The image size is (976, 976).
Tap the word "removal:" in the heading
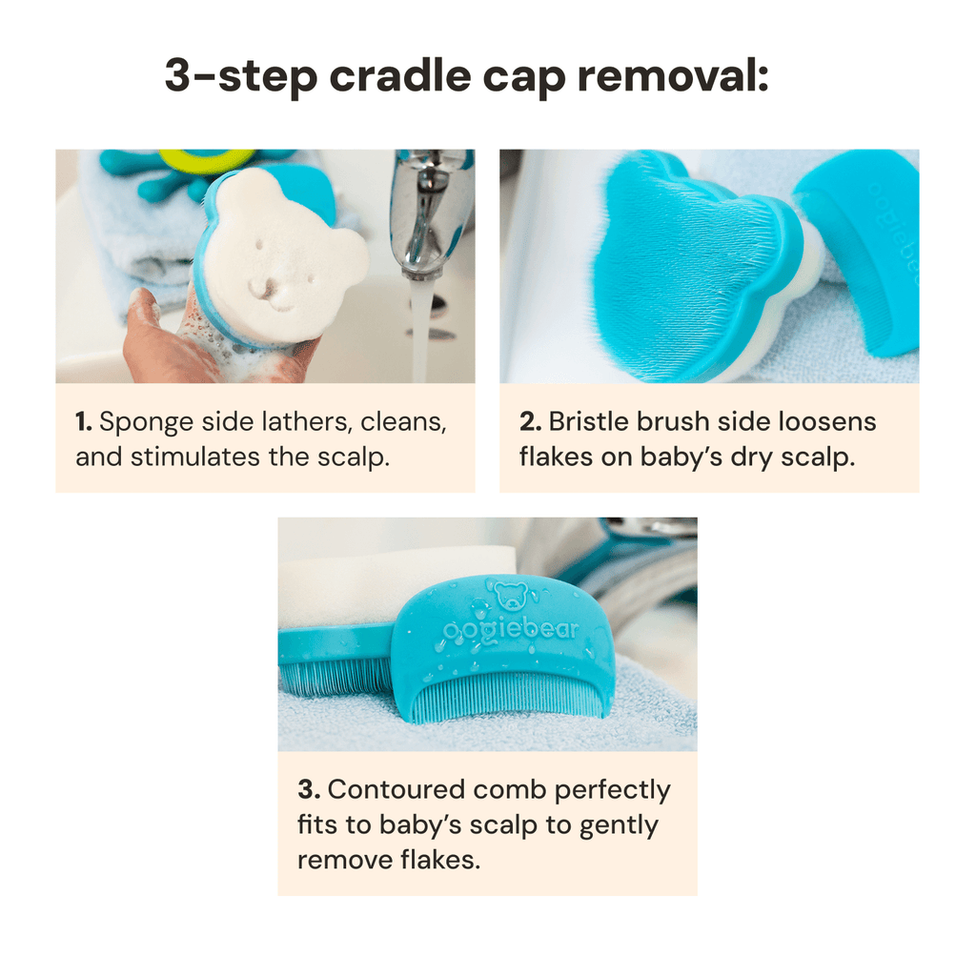[x=672, y=75]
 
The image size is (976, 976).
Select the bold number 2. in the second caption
[x=529, y=421]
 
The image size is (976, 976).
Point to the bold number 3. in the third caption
[x=307, y=790]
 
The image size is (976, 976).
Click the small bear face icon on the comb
[x=511, y=596]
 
